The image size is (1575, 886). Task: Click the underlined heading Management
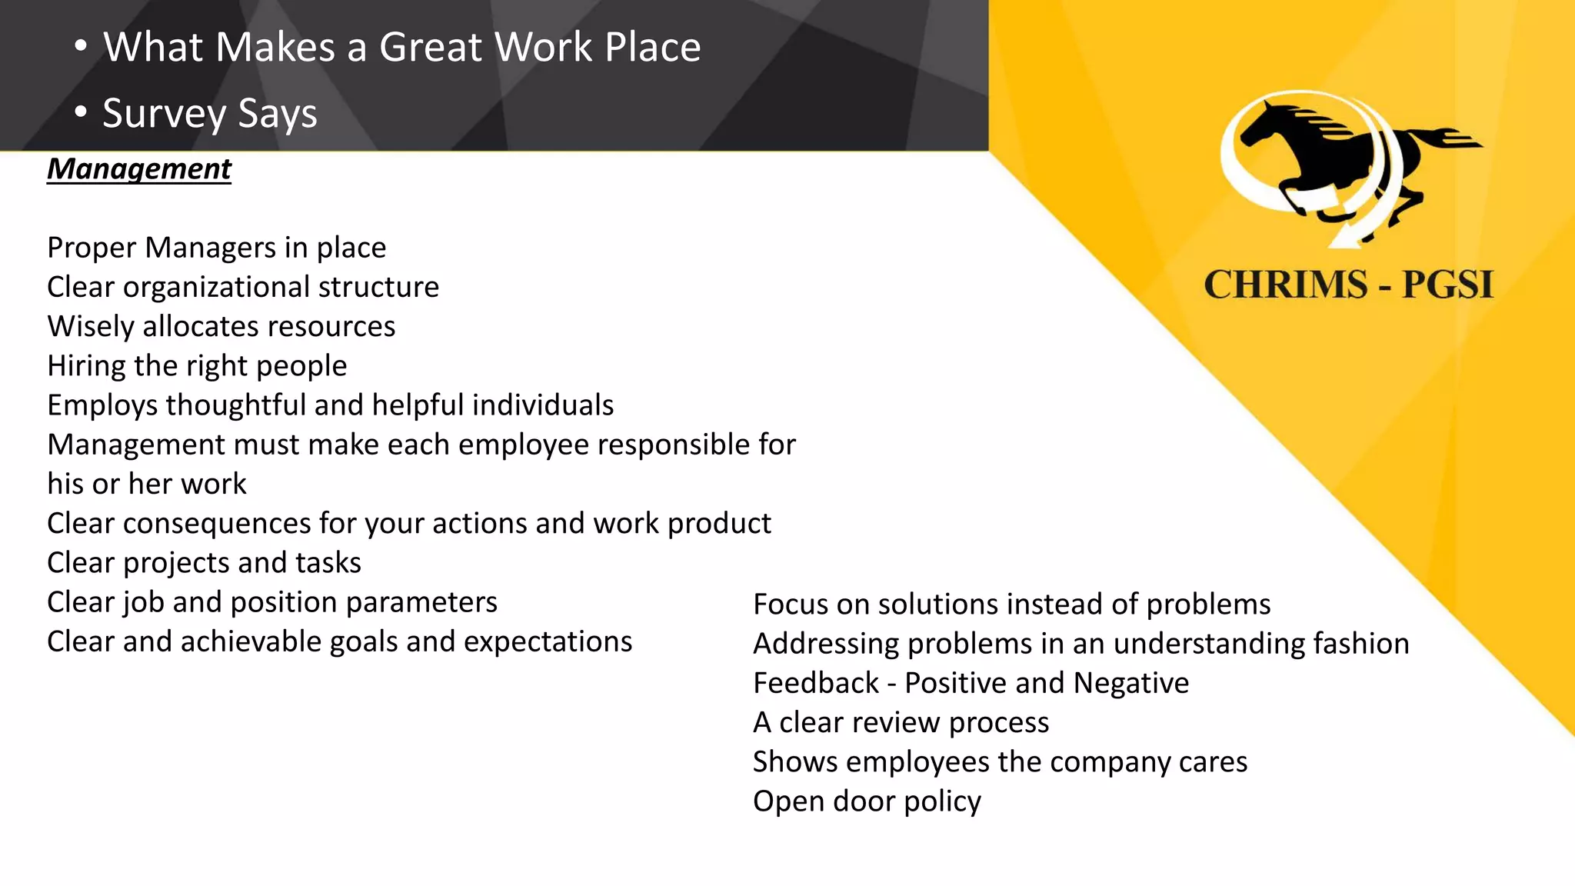click(139, 168)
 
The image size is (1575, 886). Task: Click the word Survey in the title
click(164, 114)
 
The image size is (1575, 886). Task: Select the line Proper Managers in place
click(216, 248)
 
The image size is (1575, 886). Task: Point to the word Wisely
click(91, 327)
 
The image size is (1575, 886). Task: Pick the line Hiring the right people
click(197, 366)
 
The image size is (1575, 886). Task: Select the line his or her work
click(146, 484)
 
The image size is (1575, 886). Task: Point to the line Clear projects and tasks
click(204, 563)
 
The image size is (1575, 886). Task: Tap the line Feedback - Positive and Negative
click(971, 683)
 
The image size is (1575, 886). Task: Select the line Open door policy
click(867, 801)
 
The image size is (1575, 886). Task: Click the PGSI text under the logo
click(1447, 285)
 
